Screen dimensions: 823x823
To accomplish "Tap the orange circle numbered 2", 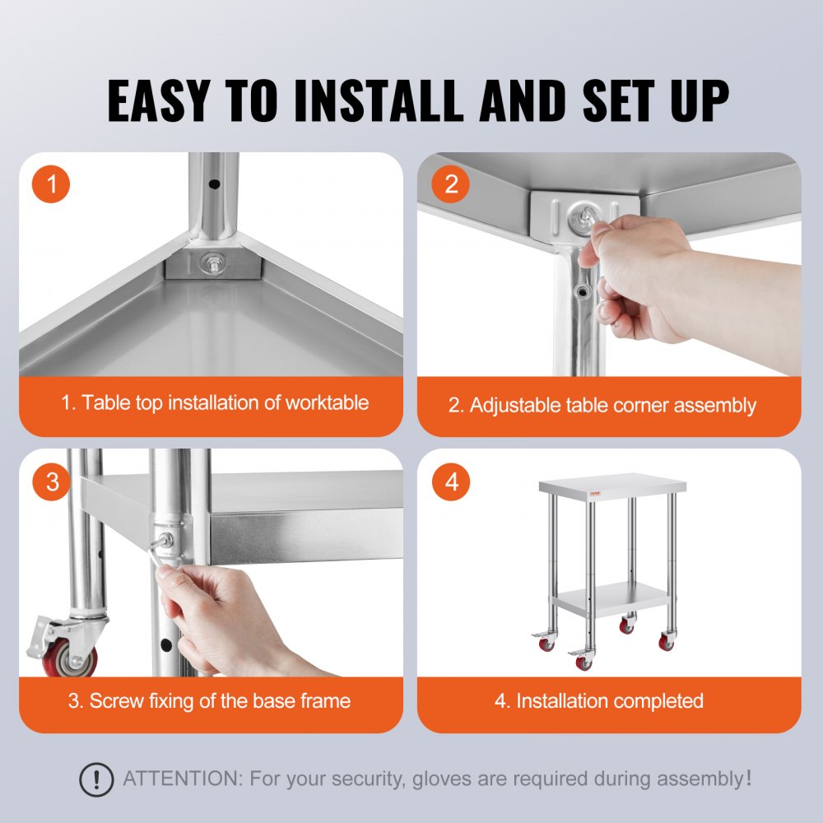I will click(451, 184).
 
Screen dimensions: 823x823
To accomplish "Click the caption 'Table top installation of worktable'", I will click(215, 403).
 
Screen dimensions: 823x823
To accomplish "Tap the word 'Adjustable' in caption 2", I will click(516, 405).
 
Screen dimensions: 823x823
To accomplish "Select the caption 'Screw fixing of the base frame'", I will click(209, 701).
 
